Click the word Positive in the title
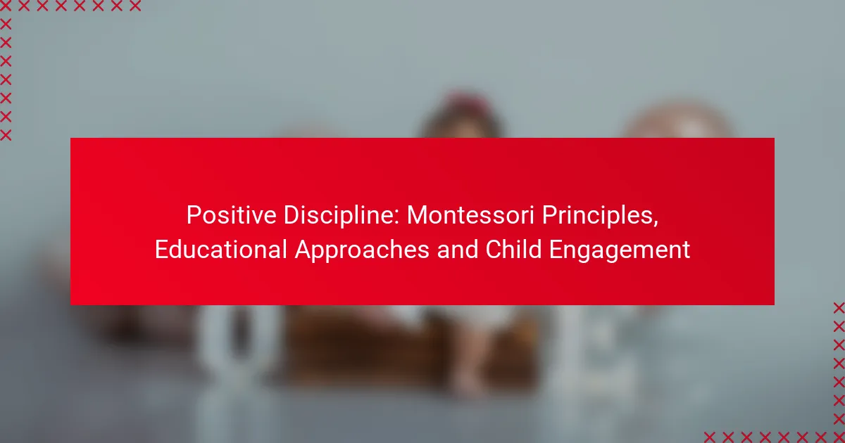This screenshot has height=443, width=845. point(231,215)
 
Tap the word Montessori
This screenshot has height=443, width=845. point(470,215)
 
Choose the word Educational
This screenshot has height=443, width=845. point(220,250)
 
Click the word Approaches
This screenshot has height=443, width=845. point(362,250)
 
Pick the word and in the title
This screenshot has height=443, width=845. point(457,250)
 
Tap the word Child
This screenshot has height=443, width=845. point(513,250)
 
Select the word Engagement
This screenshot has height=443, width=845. point(620,250)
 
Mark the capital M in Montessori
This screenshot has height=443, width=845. point(417,215)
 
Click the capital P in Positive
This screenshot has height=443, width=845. point(194,215)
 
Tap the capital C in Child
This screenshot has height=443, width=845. point(494,250)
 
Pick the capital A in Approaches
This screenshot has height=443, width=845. point(303,250)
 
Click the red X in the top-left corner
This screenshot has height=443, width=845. point(6,6)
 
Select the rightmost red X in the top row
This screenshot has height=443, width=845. point(135,6)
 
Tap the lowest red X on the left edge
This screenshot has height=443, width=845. point(6,135)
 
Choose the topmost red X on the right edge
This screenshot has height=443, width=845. point(839,308)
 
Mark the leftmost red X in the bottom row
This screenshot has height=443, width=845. point(710,437)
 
